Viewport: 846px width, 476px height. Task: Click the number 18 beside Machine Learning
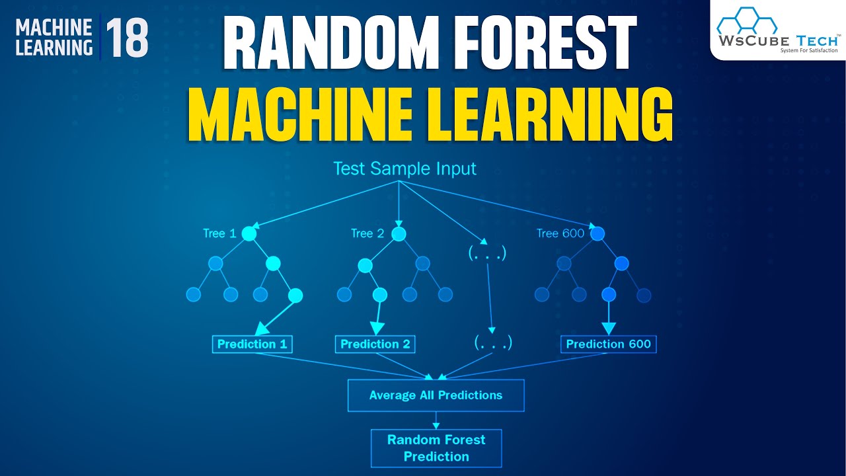point(126,38)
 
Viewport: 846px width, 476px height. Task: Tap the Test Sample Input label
point(404,169)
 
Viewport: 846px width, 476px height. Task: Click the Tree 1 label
point(219,233)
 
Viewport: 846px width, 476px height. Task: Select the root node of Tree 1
point(249,233)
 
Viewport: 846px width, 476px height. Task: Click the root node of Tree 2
point(399,233)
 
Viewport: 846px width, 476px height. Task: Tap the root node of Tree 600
point(597,233)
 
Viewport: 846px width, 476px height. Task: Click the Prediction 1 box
point(252,344)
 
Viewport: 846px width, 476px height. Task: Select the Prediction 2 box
point(375,344)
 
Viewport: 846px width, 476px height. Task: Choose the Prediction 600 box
point(608,344)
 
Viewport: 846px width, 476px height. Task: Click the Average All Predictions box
point(436,395)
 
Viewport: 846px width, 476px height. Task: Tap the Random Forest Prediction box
point(436,448)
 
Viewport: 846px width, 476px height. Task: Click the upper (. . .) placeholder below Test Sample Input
point(486,253)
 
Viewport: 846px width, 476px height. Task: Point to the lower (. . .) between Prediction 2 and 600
point(493,342)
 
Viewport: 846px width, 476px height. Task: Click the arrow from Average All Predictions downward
point(436,420)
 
